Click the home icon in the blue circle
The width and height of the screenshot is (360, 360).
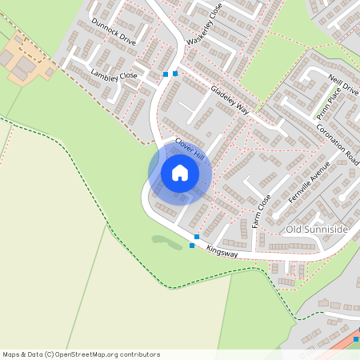coord(180,173)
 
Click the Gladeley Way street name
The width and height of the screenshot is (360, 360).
coord(230,100)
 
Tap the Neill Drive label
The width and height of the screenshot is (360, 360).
coord(345,84)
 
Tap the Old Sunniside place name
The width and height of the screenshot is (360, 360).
coord(317,230)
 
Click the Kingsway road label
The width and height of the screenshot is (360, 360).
coord(222,252)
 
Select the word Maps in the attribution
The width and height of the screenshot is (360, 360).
coord(11,354)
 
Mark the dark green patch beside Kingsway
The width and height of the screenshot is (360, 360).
coord(167,242)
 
